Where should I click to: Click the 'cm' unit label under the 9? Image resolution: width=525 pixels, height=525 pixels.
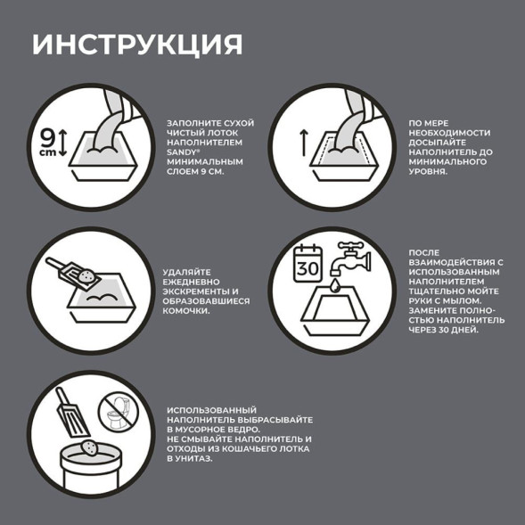46,152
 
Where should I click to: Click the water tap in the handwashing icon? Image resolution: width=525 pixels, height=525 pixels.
355,256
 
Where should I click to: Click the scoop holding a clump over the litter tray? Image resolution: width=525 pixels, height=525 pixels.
67,271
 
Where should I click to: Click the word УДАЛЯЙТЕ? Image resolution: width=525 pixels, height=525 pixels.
191,272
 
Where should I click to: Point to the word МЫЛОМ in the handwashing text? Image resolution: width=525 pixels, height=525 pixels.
461,300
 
